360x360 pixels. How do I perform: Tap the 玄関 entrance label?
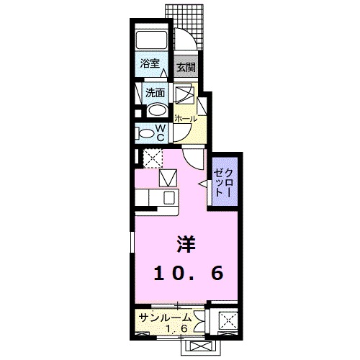point(185,68)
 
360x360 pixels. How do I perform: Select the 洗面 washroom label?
point(155,92)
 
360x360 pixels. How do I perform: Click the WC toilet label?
point(161,132)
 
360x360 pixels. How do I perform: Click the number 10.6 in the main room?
point(187,273)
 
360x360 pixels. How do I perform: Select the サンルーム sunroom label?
point(166,318)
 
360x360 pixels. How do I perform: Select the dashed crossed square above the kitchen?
point(151,158)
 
